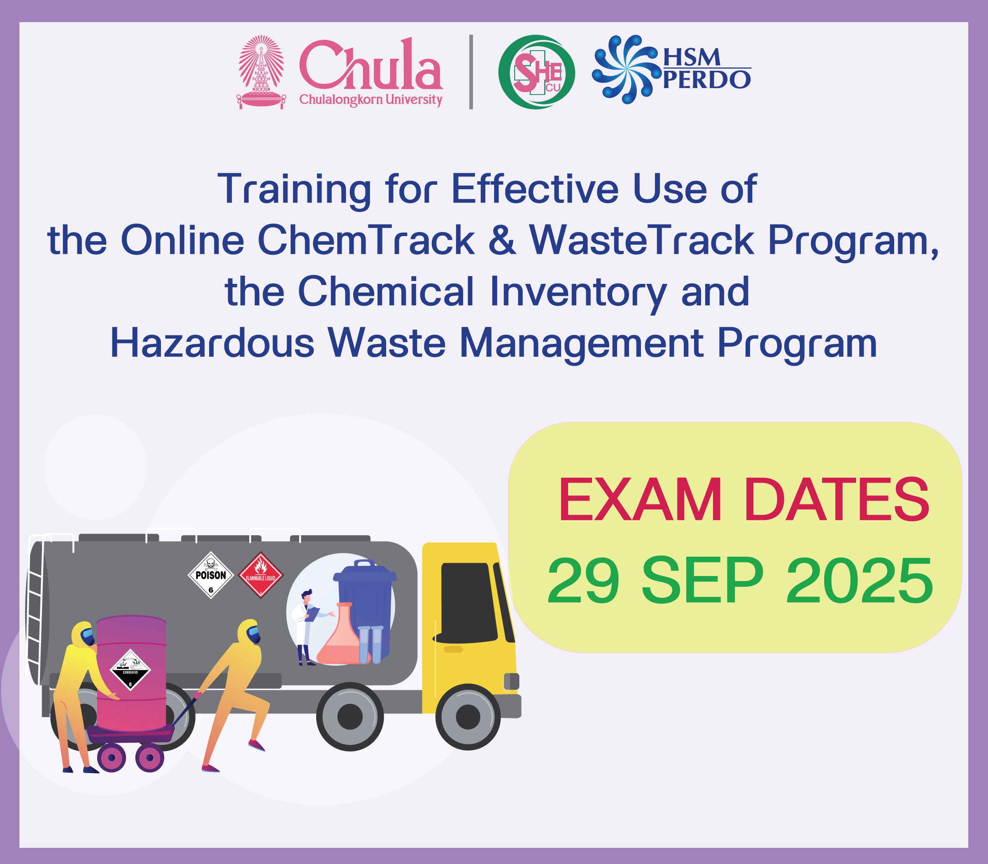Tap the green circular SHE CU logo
click(536, 72)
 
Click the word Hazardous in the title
click(212, 343)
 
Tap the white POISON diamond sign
click(211, 575)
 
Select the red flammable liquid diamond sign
click(261, 575)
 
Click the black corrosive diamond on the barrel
click(130, 670)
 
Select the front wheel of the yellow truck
click(468, 717)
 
